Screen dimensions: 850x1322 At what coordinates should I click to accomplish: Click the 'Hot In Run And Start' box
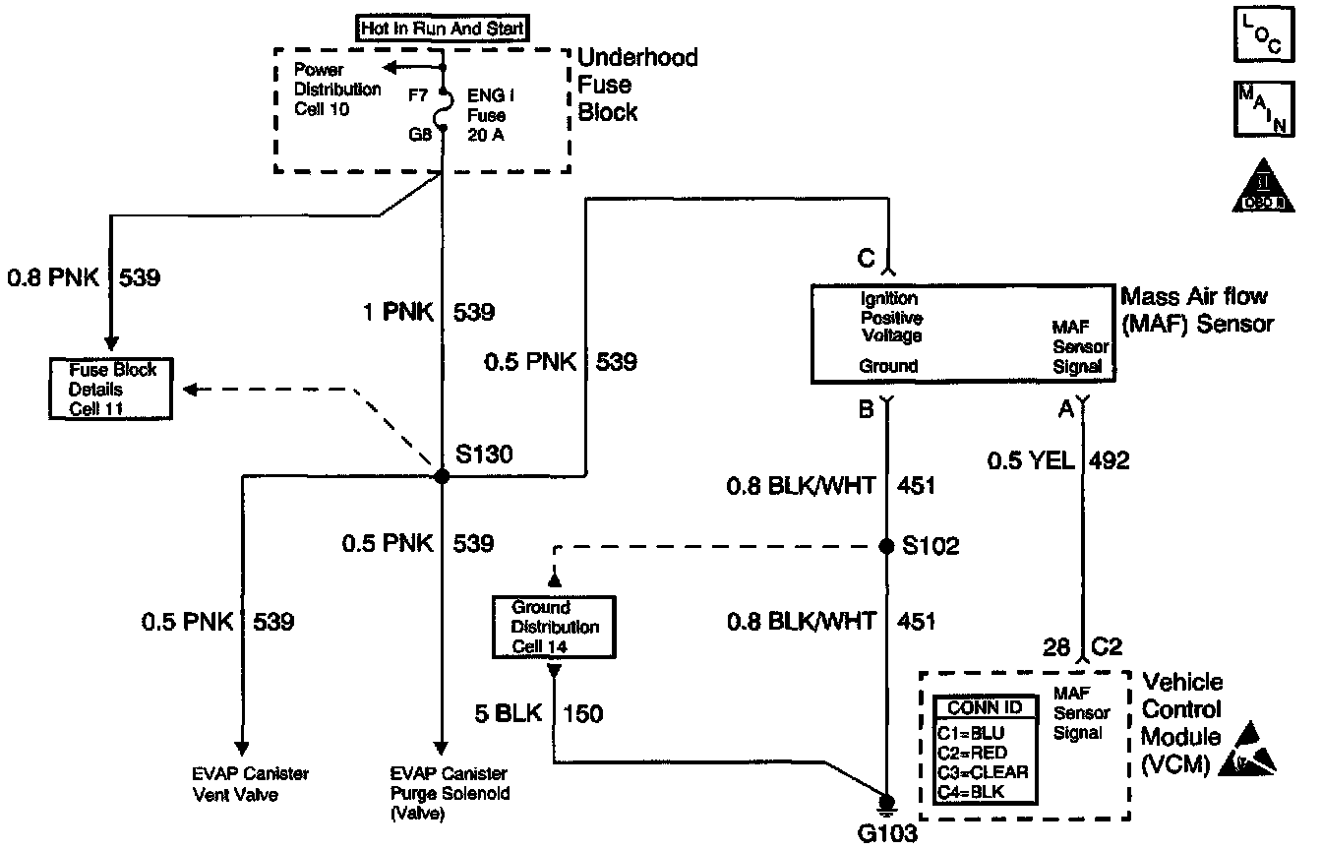point(442,30)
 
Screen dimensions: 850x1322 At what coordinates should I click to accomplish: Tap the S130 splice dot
point(442,476)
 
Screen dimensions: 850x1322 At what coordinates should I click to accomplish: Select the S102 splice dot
point(887,545)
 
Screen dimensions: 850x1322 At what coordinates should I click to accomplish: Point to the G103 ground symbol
point(887,805)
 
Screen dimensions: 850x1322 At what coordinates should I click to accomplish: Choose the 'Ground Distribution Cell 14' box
point(554,627)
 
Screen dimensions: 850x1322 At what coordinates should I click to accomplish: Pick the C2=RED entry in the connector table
point(972,753)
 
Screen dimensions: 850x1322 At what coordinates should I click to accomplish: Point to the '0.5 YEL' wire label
point(1033,459)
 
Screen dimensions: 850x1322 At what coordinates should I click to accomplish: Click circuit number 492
point(1110,459)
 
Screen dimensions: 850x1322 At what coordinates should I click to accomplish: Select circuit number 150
point(583,711)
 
